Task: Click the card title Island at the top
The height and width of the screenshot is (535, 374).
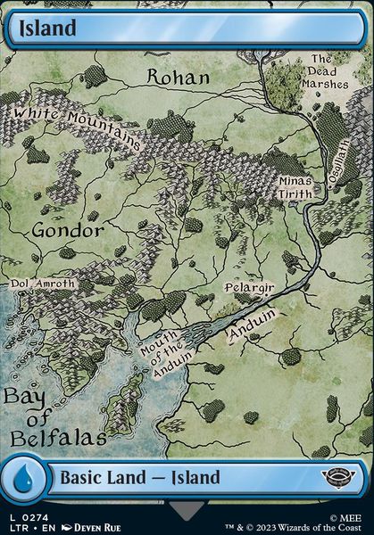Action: tap(44, 28)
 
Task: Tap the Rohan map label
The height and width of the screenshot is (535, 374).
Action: tap(178, 78)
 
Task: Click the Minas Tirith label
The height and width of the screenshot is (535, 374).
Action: tap(295, 186)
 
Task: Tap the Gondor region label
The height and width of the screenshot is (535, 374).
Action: tap(68, 230)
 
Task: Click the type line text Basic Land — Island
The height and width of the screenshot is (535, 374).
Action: tap(139, 478)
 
